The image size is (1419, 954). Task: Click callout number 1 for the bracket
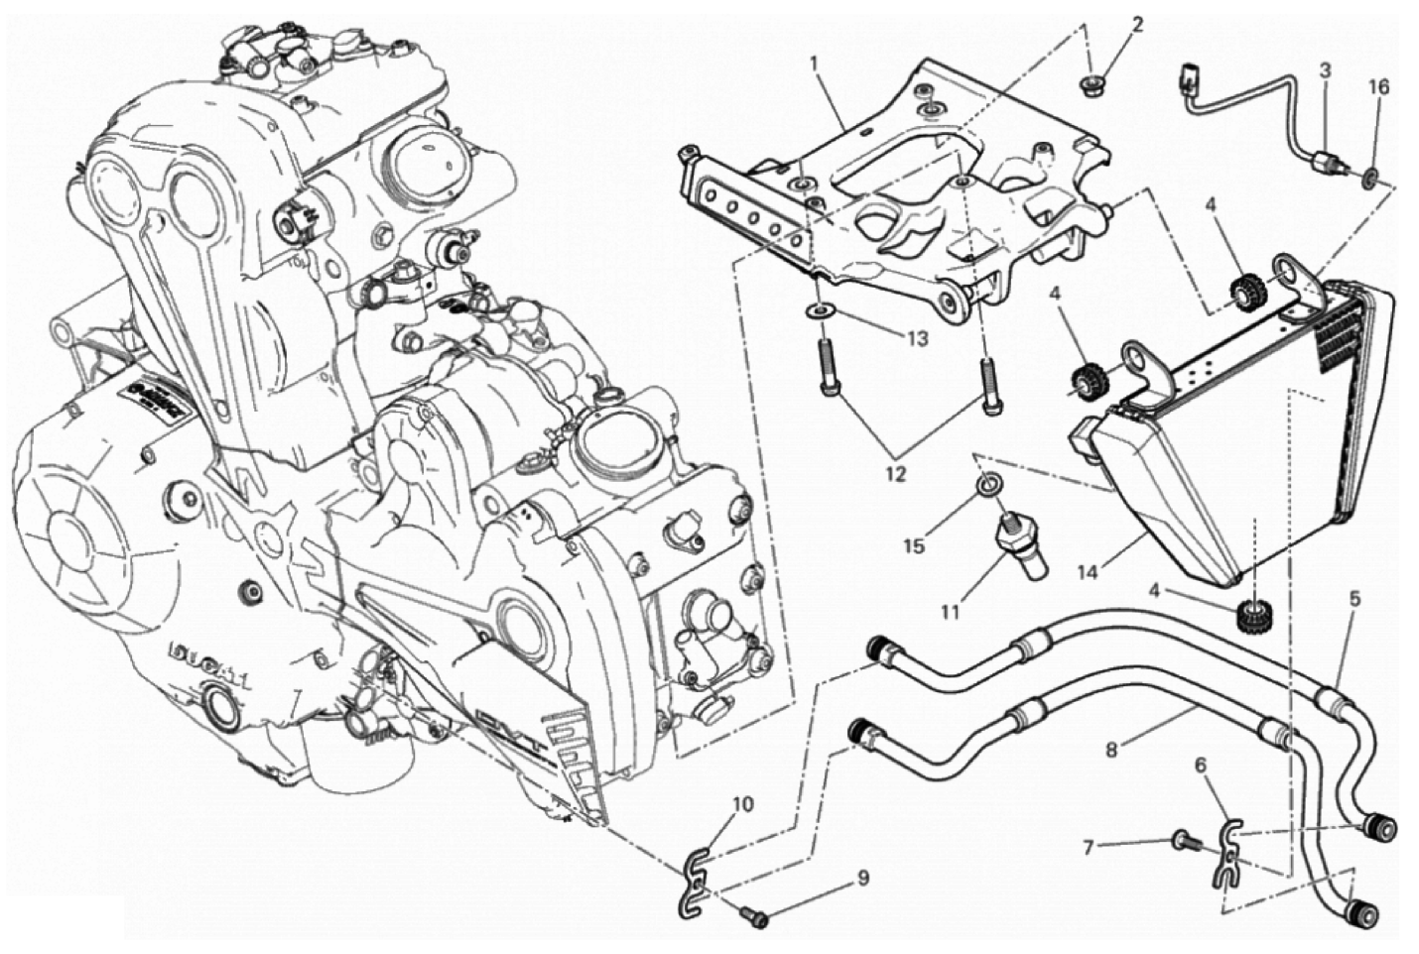tap(813, 63)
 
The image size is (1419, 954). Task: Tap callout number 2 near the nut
tap(1137, 24)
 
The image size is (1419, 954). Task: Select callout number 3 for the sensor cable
tap(1324, 69)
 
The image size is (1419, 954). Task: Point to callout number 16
tap(1374, 87)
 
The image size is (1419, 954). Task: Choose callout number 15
tap(913, 545)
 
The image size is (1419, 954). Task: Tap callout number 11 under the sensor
tap(950, 612)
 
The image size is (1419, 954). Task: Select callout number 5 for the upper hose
tap(1354, 598)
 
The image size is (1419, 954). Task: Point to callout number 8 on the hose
tap(1111, 750)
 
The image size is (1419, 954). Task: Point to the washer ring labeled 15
tap(986, 486)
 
